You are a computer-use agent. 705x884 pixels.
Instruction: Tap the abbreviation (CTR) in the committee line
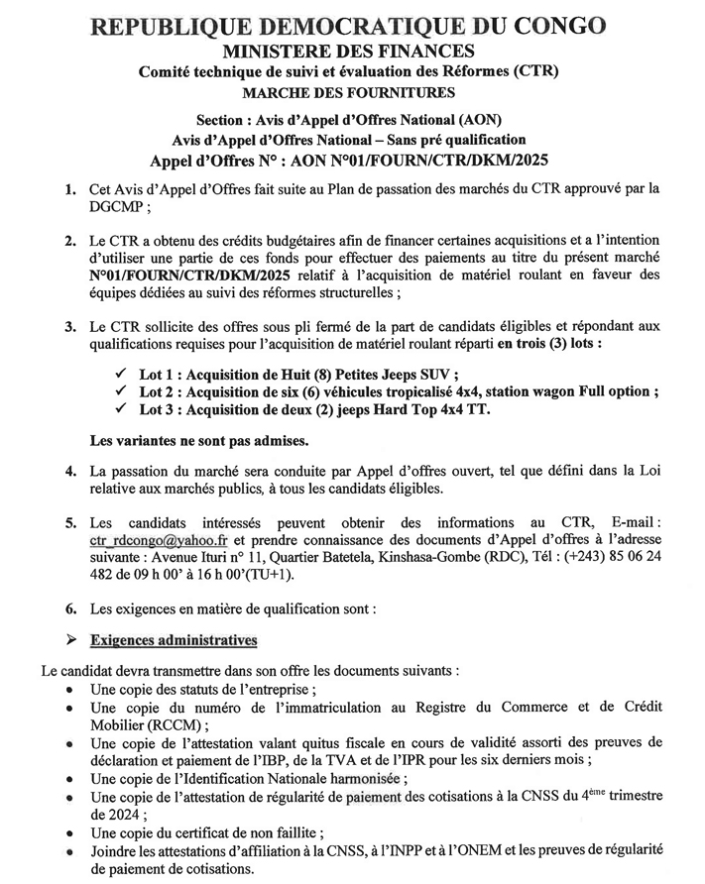pyautogui.click(x=536, y=71)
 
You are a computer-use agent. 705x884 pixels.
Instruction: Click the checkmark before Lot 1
pyautogui.click(x=122, y=374)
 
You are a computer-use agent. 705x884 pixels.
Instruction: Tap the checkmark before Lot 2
pyautogui.click(x=122, y=392)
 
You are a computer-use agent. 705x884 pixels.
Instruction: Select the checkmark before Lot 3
pyautogui.click(x=122, y=410)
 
